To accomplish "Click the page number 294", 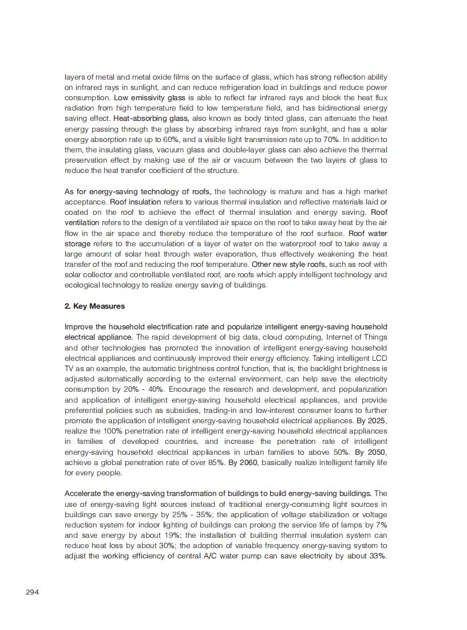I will pyautogui.click(x=32, y=592).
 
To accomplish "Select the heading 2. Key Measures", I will pyautogui.click(x=94, y=306).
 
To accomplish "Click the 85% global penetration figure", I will pyautogui.click(x=214, y=462).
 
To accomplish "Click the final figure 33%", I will pyautogui.click(x=377, y=556).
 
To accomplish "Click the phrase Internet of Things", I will pyautogui.click(x=356, y=337).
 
